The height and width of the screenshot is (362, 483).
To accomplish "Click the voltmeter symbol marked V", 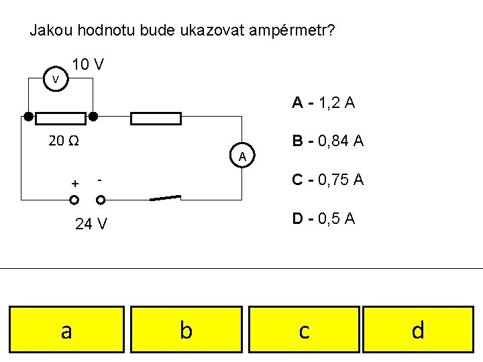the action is pos(56,80).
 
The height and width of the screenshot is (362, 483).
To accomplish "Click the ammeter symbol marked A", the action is pos(242,156).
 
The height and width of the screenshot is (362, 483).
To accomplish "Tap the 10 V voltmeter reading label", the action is pos(88,65).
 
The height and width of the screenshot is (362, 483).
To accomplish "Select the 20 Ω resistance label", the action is pos(64,141).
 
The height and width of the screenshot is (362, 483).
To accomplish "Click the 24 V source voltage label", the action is pos(91,224).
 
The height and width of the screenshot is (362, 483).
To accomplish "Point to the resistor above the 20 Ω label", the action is pos(60,119).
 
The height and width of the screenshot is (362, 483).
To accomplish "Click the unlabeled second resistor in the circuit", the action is pos(156,119).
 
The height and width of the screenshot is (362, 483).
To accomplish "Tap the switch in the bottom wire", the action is pos(165,198).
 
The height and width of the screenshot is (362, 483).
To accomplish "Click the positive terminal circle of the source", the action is pos(74,200).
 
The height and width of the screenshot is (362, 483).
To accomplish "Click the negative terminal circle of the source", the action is pos(101,200).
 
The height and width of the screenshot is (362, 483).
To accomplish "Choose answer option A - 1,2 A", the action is pos(323,103).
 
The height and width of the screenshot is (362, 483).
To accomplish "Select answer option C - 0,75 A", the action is pos(327,180).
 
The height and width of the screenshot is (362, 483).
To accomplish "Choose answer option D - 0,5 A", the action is pos(323,219).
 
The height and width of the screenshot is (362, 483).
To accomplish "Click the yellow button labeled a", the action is pos(66,330).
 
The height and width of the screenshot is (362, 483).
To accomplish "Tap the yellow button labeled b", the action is pos(186,330).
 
